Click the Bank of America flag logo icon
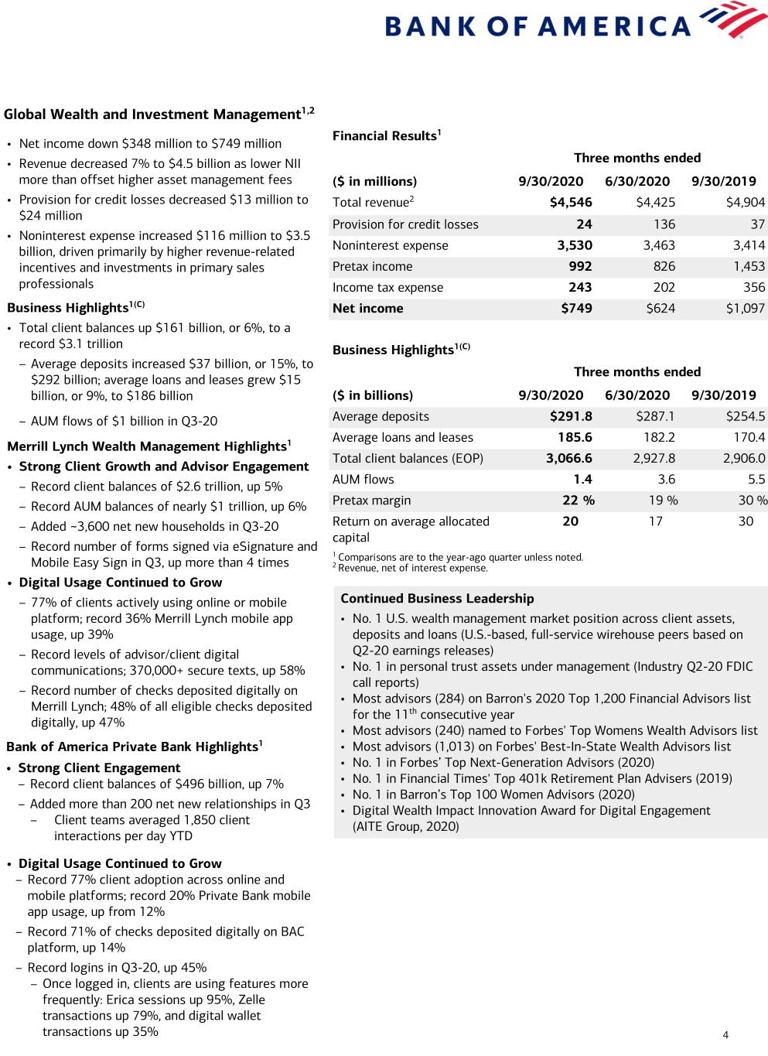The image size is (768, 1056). (x=732, y=19)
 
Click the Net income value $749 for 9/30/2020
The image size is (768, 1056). (x=576, y=308)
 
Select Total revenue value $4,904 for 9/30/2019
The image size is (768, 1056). (x=745, y=202)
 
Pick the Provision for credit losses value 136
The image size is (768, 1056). (x=664, y=224)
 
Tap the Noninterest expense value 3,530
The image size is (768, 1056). (x=575, y=245)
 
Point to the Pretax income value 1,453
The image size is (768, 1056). (x=749, y=266)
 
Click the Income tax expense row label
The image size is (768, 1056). (x=387, y=287)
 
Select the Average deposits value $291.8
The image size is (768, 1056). (x=571, y=416)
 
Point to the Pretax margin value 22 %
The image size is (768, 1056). (x=578, y=501)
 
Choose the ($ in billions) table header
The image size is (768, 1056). (x=373, y=395)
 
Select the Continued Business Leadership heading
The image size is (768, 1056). (x=437, y=598)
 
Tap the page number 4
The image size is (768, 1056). (x=725, y=1035)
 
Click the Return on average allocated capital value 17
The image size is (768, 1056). (x=655, y=521)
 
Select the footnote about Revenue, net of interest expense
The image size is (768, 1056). (x=412, y=568)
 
